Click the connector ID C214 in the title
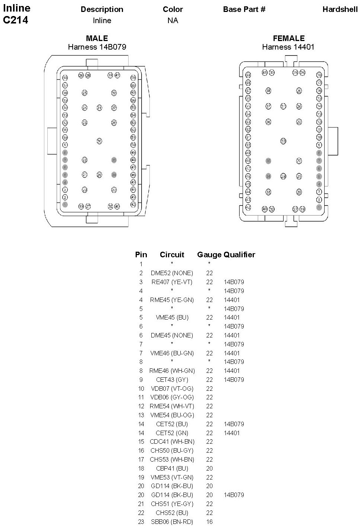click(16, 20)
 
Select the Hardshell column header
click(340, 9)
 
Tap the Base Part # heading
click(244, 9)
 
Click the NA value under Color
click(173, 21)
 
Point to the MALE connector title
click(97, 38)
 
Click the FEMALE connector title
click(288, 38)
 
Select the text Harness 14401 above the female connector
click(288, 47)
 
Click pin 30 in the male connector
click(99, 141)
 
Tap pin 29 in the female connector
click(283, 176)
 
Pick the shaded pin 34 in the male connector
click(114, 175)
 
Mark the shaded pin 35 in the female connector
click(268, 161)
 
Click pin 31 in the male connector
click(99, 108)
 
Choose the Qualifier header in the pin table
click(239, 255)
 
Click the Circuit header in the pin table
click(172, 255)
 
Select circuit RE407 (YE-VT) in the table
click(172, 282)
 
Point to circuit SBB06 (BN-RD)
click(172, 522)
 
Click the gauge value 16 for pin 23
click(209, 522)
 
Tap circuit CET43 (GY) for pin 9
click(172, 380)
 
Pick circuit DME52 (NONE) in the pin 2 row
click(172, 273)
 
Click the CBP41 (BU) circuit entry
click(172, 468)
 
